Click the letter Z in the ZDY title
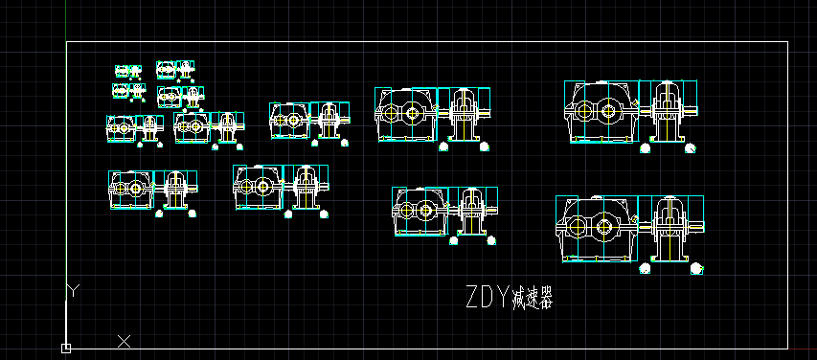pyautogui.click(x=473, y=297)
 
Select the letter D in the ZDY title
pyautogui.click(x=486, y=297)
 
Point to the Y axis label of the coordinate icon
pyautogui.click(x=73, y=288)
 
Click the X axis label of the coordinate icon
pyautogui.click(x=124, y=340)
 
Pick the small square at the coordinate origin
pyautogui.click(x=65, y=348)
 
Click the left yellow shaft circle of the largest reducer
pyautogui.click(x=578, y=228)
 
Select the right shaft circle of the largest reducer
pyautogui.click(x=606, y=228)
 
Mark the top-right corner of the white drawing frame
pyautogui.click(x=787, y=42)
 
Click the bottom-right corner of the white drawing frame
pyautogui.click(x=787, y=348)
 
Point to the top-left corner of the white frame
pyautogui.click(x=66, y=42)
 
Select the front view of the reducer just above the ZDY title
pyautogui.click(x=420, y=211)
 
